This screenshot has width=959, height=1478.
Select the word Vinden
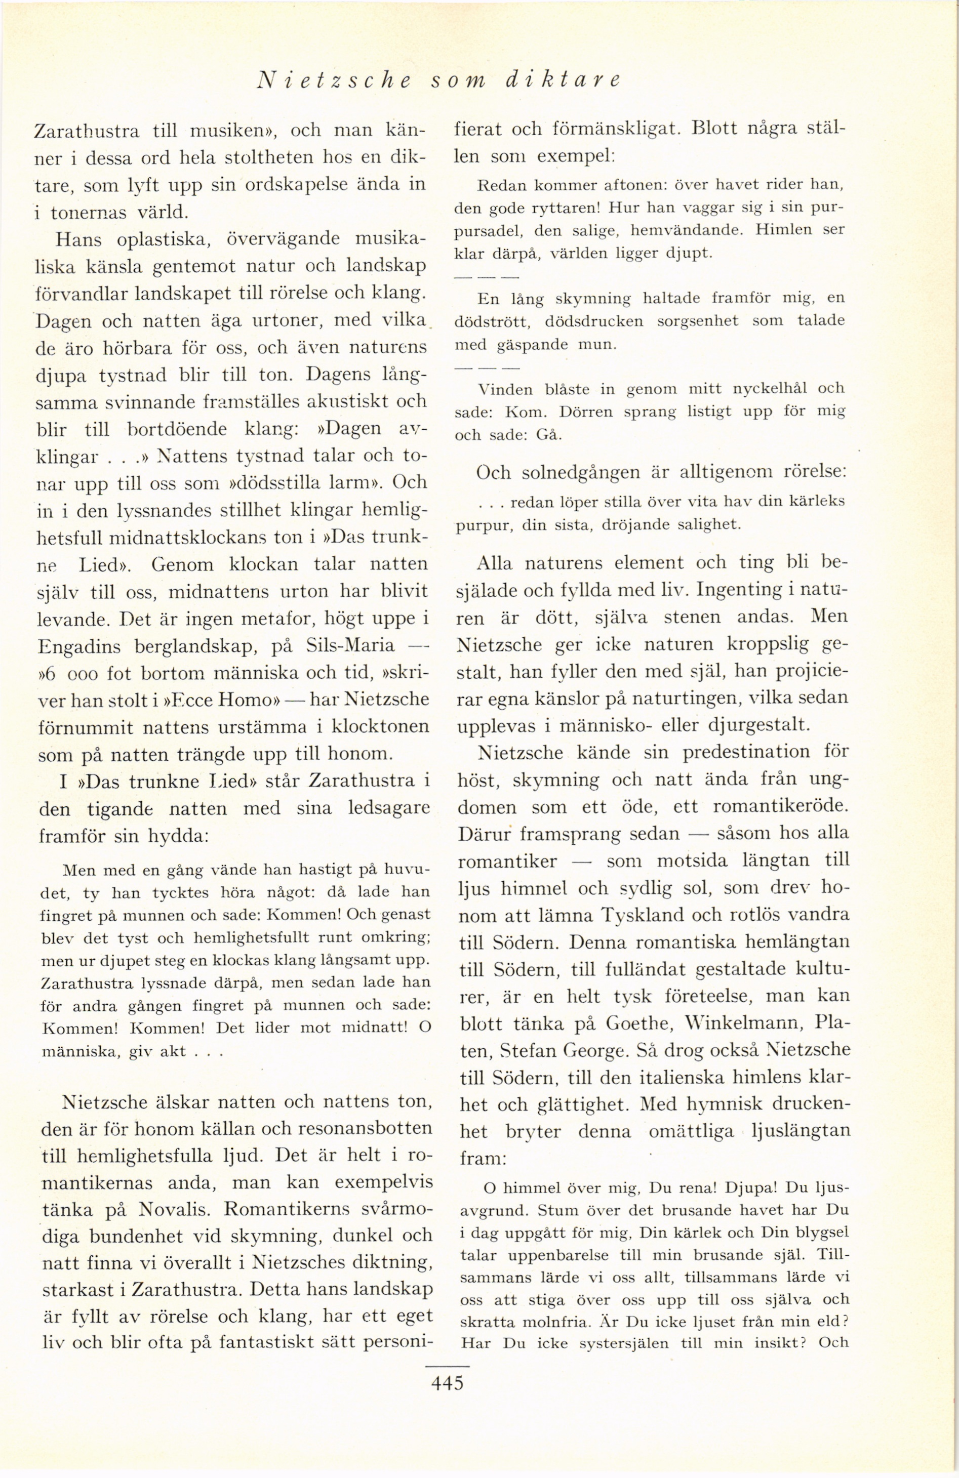click(504, 389)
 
